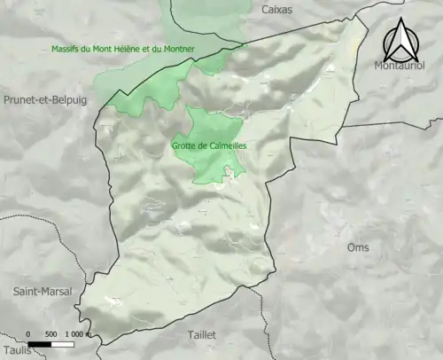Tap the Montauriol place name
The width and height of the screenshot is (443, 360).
pyautogui.click(x=399, y=67)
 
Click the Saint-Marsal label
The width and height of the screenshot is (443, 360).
pyautogui.click(x=42, y=291)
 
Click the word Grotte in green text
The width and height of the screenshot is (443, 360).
pyautogui.click(x=186, y=147)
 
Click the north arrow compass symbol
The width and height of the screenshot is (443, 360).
pyautogui.click(x=400, y=39)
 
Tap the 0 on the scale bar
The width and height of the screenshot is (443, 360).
pyautogui.click(x=29, y=334)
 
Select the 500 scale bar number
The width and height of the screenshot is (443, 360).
pyautogui.click(x=51, y=334)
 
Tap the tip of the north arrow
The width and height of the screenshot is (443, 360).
pyautogui.click(x=400, y=18)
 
